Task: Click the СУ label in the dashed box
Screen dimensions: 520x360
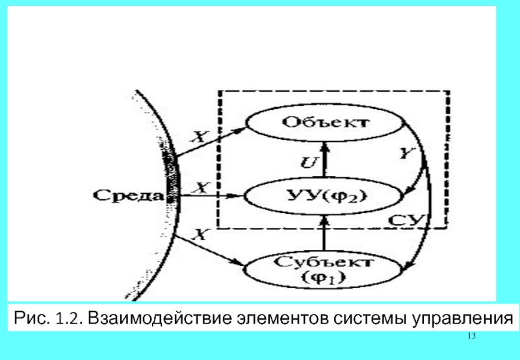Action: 409,220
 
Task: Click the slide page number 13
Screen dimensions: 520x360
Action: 472,335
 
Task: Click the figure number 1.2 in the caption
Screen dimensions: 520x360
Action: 68,318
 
